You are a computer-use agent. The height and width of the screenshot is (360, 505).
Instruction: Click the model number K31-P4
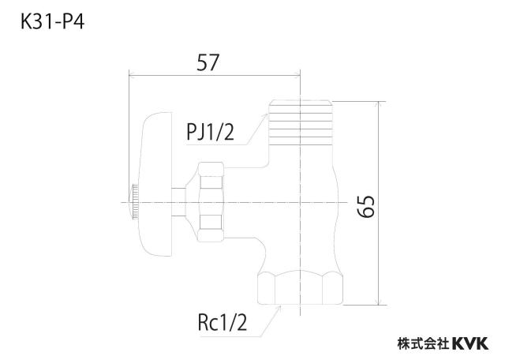coord(53,23)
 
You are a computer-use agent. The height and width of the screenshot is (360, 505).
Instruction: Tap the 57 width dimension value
coord(208,62)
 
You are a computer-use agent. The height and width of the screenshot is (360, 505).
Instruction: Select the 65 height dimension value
coord(366,207)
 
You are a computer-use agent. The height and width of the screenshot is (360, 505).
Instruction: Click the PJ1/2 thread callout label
coord(211,132)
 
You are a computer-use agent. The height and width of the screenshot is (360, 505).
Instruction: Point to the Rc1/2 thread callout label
coord(223,323)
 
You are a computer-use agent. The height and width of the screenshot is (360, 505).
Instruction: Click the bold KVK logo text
coord(470,343)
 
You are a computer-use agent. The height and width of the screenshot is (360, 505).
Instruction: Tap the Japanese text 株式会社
coord(424,343)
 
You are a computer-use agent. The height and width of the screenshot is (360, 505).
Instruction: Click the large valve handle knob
coord(156,185)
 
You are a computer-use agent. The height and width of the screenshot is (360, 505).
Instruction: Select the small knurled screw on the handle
coord(134,202)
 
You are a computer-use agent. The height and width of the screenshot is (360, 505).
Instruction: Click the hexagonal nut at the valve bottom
coord(300,288)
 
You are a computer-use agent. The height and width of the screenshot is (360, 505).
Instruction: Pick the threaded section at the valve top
coord(300,122)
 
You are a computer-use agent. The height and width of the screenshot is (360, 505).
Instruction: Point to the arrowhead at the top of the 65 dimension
coord(379,104)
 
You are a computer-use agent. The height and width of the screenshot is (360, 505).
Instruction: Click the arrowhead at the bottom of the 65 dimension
coord(379,302)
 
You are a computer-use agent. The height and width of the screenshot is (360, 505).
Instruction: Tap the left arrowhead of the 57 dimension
coord(133,76)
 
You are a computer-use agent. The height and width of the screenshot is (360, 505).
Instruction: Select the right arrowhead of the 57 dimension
coord(297,76)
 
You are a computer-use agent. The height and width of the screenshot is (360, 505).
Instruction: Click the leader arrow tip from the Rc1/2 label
coord(280,306)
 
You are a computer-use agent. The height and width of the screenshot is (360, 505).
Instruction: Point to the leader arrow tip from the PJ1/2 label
coord(267,114)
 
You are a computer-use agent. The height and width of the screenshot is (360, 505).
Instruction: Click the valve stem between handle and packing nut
coord(179,202)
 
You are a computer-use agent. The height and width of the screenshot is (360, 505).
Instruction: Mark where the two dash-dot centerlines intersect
coord(300,202)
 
